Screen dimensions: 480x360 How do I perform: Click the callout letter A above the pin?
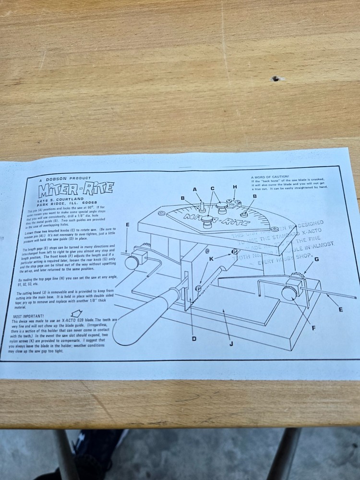[x=195, y=190]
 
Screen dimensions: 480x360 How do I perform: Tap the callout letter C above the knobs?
[x=212, y=188]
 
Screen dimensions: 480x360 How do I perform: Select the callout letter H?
[x=235, y=187]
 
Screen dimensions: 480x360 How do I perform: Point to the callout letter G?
[x=316, y=259]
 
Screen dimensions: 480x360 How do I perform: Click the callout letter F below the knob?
[x=314, y=328]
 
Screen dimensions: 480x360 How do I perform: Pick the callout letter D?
[x=194, y=339]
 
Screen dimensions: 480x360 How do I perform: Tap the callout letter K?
[x=211, y=259]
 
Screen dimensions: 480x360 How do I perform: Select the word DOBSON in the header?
[x=60, y=179]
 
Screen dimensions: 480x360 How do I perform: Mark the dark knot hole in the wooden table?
[x=276, y=79]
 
